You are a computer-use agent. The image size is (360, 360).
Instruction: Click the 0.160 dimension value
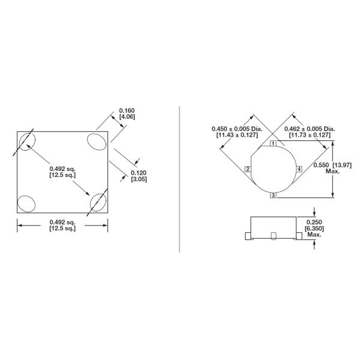point(127,110)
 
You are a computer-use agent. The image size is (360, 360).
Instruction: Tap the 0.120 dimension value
point(139,173)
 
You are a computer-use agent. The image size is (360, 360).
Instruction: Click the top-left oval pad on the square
point(28,142)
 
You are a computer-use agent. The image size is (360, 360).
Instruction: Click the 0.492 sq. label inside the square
point(62,169)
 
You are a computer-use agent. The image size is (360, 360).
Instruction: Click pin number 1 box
point(272,144)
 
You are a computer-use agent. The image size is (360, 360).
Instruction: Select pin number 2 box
point(247,170)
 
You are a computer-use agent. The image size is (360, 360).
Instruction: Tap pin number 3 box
point(272,196)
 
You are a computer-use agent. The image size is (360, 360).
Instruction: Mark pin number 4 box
point(298,170)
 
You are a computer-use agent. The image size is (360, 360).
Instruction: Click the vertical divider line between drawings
point(180,180)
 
